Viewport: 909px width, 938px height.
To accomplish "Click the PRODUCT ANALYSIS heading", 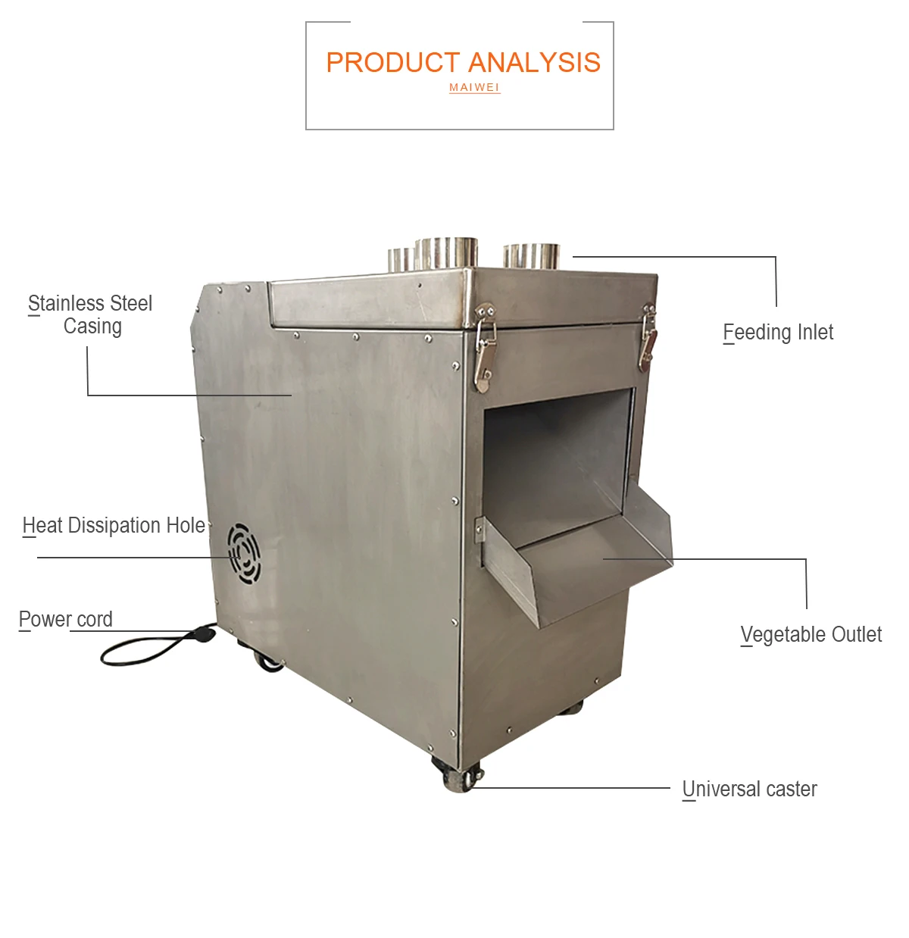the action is [463, 63].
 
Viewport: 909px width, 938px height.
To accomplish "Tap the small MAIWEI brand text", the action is [474, 88].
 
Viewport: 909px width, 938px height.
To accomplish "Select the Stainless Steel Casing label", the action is [91, 314].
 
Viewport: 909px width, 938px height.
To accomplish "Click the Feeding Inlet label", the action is [778, 333].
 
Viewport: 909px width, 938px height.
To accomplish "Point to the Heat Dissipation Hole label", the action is [114, 526].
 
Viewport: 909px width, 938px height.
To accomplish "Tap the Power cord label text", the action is [66, 620].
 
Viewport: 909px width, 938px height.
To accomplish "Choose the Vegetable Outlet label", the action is [811, 635].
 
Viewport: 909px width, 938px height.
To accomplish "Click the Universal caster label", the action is [749, 789].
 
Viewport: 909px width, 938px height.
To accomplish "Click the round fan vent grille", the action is [244, 552].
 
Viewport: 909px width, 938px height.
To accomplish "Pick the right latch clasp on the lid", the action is [648, 338].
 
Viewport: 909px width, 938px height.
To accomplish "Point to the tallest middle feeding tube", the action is [447, 253].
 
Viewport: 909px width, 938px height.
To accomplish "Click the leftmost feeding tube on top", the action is [401, 259].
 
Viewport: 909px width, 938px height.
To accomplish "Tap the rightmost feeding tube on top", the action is [530, 256].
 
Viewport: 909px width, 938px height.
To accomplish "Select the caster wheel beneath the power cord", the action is [269, 662].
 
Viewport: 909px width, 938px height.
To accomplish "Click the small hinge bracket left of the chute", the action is [479, 529].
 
